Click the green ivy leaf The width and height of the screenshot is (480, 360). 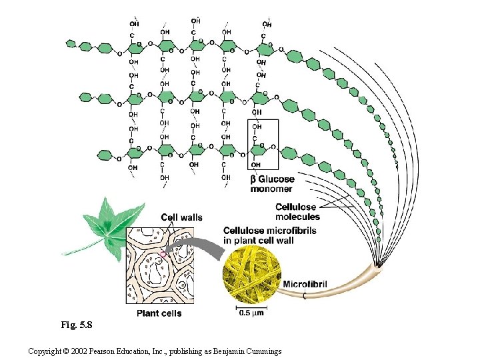click(x=107, y=221)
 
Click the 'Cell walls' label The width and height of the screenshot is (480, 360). click(x=181, y=217)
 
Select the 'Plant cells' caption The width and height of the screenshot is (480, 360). click(x=159, y=313)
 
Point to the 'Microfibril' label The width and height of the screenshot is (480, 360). click(x=305, y=285)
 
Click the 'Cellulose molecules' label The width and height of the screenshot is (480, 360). click(x=297, y=211)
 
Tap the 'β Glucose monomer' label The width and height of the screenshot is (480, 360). click(x=271, y=184)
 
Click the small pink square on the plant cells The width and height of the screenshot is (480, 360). click(x=163, y=254)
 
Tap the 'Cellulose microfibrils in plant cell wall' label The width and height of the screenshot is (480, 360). click(x=269, y=235)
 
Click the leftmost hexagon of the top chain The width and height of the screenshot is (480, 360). click(x=71, y=43)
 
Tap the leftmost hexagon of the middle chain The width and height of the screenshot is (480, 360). click(x=85, y=97)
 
